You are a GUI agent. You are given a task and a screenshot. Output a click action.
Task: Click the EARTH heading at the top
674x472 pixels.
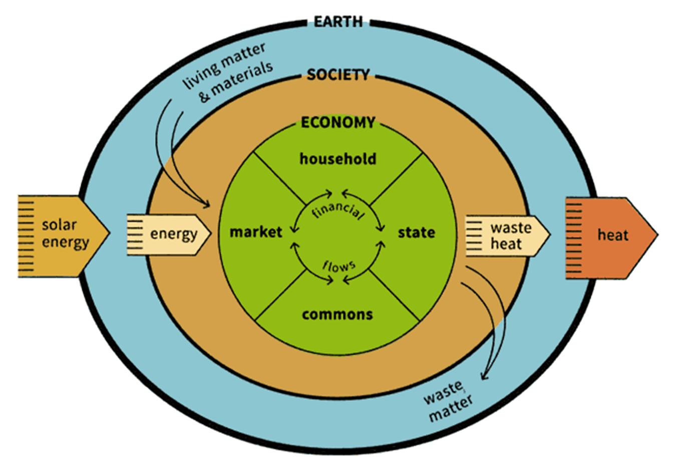(338, 22)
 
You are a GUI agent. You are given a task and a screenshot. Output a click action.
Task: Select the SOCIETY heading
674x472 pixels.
(338, 75)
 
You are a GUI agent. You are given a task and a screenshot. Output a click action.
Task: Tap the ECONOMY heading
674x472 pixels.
(338, 122)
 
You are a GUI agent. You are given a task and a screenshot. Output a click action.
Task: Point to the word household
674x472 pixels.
(338, 159)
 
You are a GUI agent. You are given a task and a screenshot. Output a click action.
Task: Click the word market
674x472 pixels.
(256, 232)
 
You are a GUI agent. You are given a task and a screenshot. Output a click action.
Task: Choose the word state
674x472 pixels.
(416, 232)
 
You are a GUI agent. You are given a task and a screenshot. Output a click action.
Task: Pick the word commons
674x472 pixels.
(338, 314)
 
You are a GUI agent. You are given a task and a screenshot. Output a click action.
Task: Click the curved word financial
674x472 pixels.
(338, 210)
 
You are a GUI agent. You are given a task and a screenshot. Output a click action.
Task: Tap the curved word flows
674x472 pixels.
(339, 266)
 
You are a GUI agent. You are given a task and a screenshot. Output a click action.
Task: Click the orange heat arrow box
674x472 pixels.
(611, 235)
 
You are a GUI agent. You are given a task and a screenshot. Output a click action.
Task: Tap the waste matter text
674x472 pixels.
(447, 400)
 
